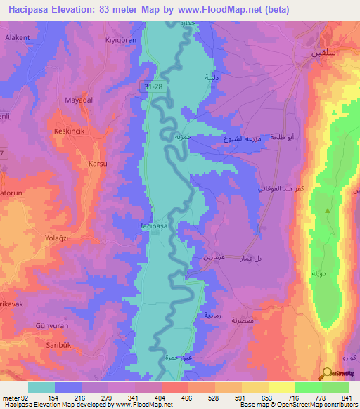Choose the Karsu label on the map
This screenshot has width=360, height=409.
click(97, 164)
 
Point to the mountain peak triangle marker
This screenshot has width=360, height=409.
click(327, 210)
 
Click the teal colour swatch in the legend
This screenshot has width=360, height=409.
click(41, 387)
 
